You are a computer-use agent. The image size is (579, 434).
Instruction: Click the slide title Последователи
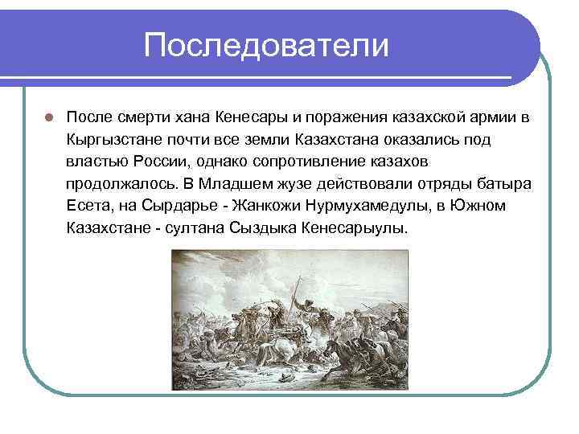[x=266, y=45]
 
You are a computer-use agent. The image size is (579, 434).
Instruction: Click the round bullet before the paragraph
[x=48, y=117]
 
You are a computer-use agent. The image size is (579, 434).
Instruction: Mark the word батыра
[x=506, y=183]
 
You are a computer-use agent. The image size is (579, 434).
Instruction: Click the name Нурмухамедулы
[x=370, y=206]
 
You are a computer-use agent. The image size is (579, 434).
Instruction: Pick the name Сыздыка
[x=272, y=227]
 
